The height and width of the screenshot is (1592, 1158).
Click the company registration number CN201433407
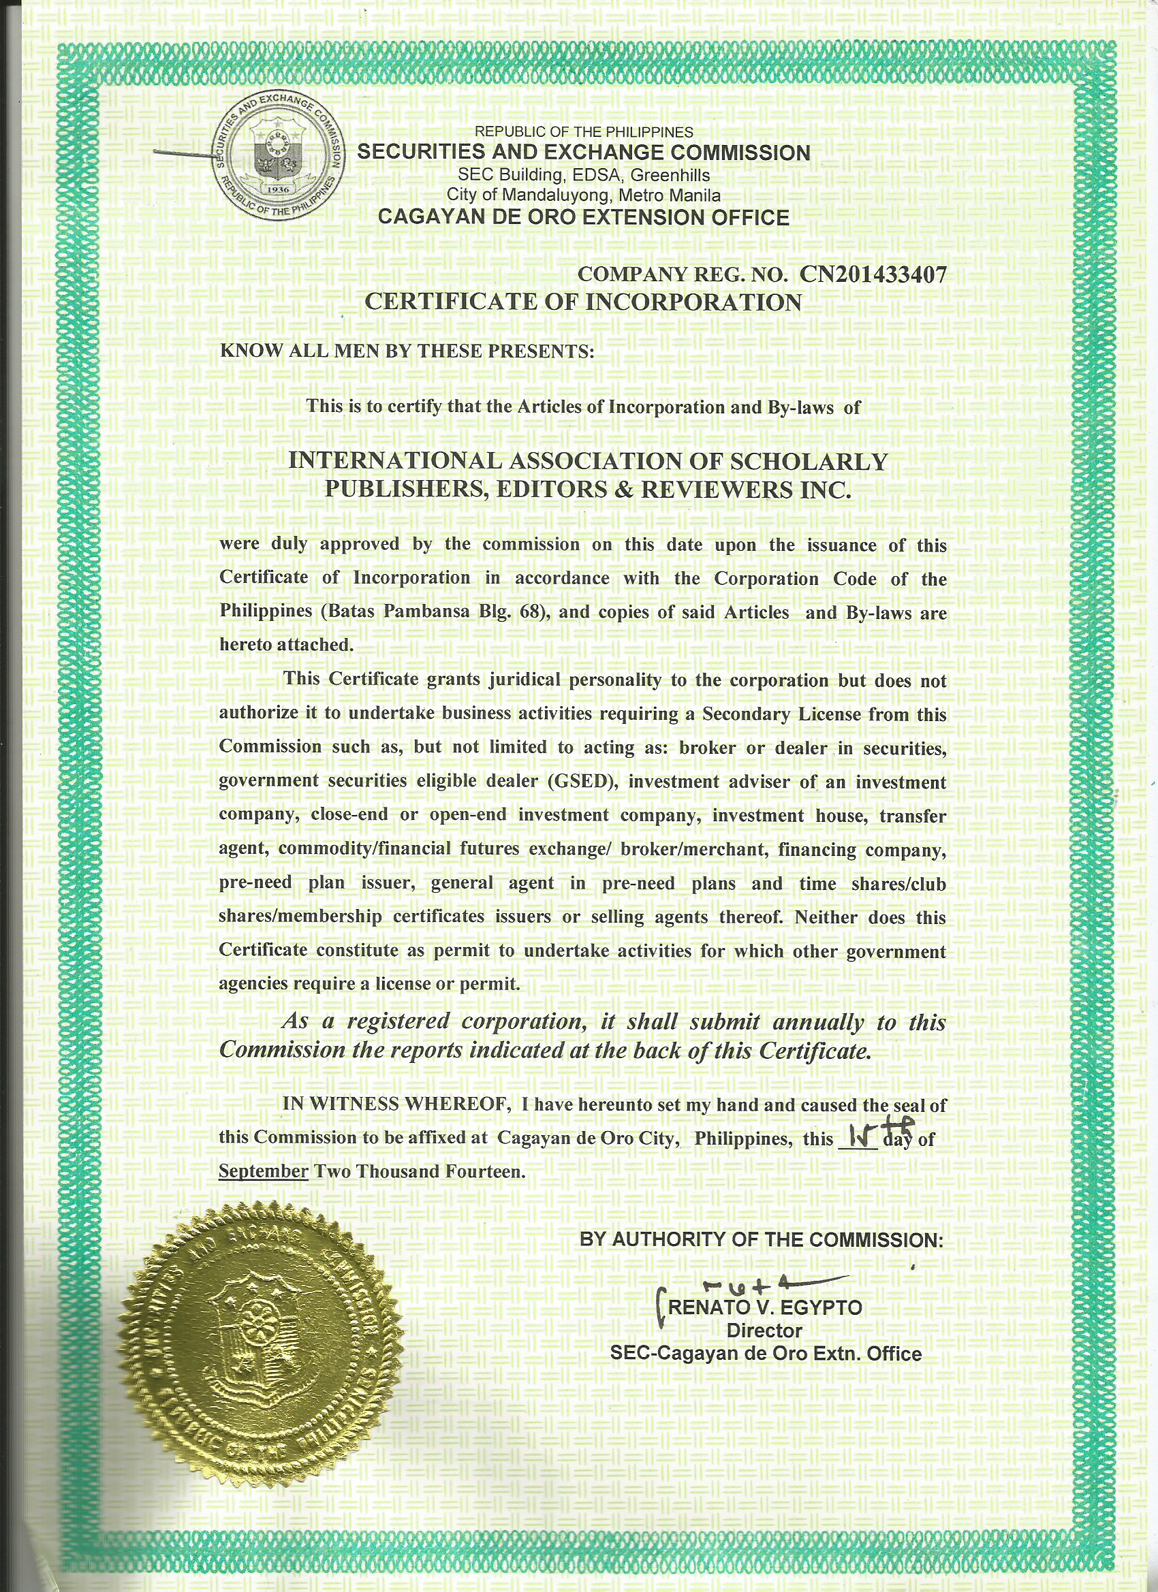pyautogui.click(x=873, y=274)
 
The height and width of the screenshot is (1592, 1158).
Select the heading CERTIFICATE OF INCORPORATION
pyautogui.click(x=583, y=302)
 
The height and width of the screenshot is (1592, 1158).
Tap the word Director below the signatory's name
pyautogui.click(x=764, y=1331)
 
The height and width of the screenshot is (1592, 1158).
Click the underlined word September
pyautogui.click(x=264, y=1172)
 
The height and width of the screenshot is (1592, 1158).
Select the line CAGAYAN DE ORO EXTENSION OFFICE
pyautogui.click(x=583, y=218)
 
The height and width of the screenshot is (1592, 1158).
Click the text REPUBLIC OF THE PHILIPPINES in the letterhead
pyautogui.click(x=584, y=132)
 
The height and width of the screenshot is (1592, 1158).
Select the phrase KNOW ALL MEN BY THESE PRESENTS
pyautogui.click(x=407, y=351)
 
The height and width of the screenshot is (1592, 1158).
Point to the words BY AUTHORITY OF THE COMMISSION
pyautogui.click(x=762, y=1240)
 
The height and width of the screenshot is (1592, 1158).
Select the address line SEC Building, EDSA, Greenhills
pyautogui.click(x=584, y=175)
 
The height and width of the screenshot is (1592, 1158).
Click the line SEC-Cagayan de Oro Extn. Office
pyautogui.click(x=766, y=1354)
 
